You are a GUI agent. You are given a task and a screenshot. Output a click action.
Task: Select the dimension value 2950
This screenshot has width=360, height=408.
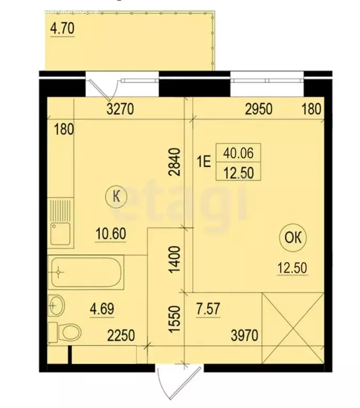[259, 110]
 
